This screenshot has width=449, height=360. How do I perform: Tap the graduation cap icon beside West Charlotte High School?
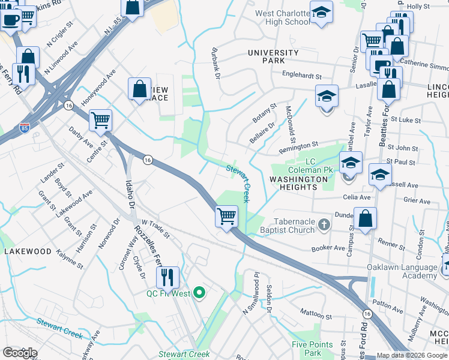click(x=322, y=13)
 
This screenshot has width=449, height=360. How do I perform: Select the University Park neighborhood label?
click(x=273, y=57)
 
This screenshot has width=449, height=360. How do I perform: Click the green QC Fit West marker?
click(x=202, y=293)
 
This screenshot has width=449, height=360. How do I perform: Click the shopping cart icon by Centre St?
click(x=100, y=119)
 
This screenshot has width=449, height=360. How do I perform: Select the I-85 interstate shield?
click(x=24, y=128)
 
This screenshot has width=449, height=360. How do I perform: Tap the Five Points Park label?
click(x=312, y=349)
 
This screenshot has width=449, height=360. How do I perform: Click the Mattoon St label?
click(x=316, y=314)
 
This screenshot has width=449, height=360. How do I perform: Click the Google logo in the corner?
click(x=20, y=353)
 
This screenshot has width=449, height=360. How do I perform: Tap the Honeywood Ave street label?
click(x=98, y=91)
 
